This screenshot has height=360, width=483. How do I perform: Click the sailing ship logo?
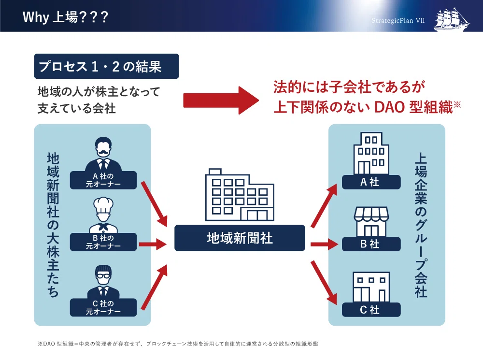pyautogui.click(x=452, y=19)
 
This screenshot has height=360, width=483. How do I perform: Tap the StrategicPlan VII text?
pyautogui.click(x=398, y=20)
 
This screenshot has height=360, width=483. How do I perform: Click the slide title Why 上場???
pyautogui.click(x=65, y=16)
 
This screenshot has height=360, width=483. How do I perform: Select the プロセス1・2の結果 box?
pyautogui.click(x=106, y=66)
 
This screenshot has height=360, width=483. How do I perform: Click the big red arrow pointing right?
pyautogui.click(x=221, y=101)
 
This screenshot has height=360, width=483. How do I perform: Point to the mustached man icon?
pyautogui.click(x=103, y=154)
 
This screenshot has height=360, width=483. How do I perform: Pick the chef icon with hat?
pyautogui.click(x=103, y=215)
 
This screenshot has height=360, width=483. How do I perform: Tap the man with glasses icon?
pyautogui.click(x=103, y=282)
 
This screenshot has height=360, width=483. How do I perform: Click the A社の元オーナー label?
pyautogui.click(x=103, y=180)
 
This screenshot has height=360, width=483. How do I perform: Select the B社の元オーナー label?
pyautogui.click(x=103, y=242)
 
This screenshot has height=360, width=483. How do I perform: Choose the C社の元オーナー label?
pyautogui.click(x=103, y=307)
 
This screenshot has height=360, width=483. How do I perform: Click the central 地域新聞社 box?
pyautogui.click(x=240, y=238)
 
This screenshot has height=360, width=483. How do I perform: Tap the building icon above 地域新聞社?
pyautogui.click(x=240, y=194)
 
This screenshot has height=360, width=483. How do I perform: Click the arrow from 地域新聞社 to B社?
pyautogui.click(x=325, y=245)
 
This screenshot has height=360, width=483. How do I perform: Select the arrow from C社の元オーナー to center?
pyautogui.click(x=154, y=287)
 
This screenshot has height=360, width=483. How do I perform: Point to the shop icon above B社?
pyautogui.click(x=371, y=222)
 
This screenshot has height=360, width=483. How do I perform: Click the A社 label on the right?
pyautogui.click(x=371, y=182)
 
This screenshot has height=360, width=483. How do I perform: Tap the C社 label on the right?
pyautogui.click(x=371, y=309)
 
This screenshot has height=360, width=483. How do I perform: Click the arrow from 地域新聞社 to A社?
pyautogui.click(x=324, y=205)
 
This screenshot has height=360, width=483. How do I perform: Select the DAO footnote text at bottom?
pyautogui.click(x=178, y=344)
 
